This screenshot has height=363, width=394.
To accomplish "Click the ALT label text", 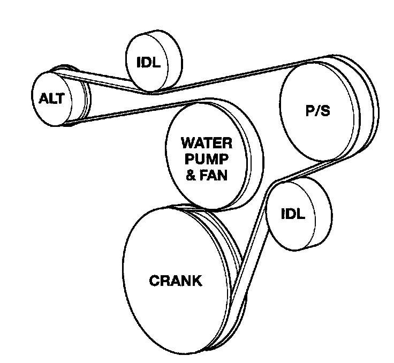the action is pos(52,99).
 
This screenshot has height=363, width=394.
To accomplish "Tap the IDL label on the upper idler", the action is pos(148,62).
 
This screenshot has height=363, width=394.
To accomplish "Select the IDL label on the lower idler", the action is pos(293,214).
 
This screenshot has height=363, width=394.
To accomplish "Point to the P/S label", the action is pos(317,110).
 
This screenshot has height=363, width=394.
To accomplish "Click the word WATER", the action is pos(207,143).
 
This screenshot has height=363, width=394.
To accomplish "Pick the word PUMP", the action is pos(207,159).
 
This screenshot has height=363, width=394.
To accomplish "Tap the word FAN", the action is pos(214,175).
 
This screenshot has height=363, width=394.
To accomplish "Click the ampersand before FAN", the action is pos(191,175).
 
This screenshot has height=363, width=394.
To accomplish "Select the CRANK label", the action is pos(176,281).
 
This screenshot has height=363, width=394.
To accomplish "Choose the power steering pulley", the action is pos(329,108).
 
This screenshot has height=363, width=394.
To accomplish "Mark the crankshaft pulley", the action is pos(185,279).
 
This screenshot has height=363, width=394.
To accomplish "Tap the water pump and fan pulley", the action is pos(214,154).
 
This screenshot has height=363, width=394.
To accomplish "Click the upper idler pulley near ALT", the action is pos(154,61).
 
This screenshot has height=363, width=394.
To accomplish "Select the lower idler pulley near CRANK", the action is pos(299,214).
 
